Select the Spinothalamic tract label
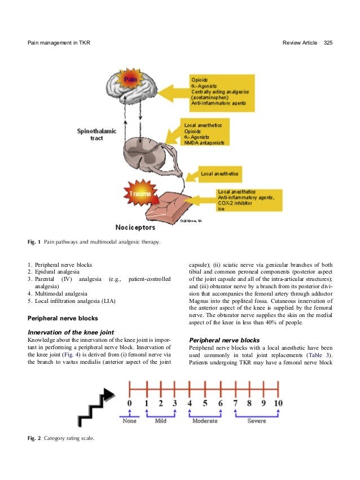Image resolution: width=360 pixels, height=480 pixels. click(96, 134)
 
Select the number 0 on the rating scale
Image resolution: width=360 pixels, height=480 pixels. click(129, 404)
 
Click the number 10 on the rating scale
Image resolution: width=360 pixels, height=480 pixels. click(278, 404)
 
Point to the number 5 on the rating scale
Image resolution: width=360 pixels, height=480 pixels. click(204, 404)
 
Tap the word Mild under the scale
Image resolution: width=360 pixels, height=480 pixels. click(160, 421)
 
